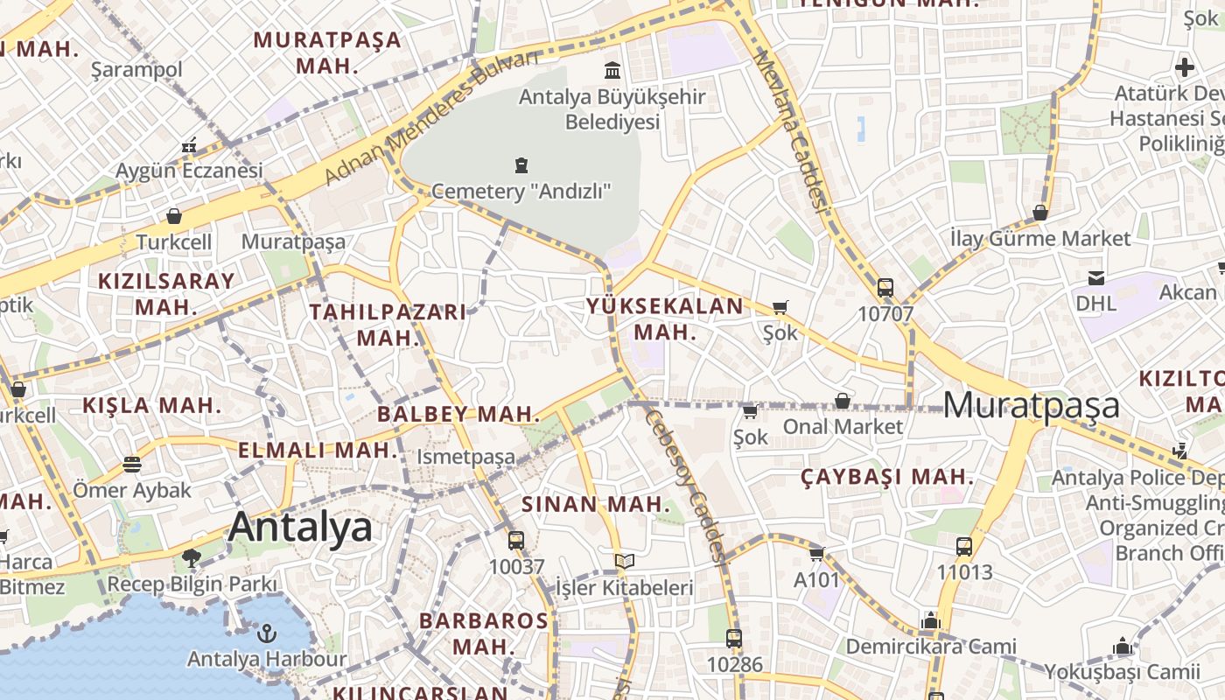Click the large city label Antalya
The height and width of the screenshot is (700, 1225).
(300, 527)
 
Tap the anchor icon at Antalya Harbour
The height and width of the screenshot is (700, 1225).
(268, 633)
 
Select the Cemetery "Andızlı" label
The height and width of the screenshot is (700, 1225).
(521, 191)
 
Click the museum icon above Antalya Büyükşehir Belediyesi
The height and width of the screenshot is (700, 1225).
(612, 70)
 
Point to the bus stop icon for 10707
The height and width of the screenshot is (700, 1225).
(885, 287)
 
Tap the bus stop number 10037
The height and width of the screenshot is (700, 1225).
(516, 566)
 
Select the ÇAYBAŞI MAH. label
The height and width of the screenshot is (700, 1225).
(887, 477)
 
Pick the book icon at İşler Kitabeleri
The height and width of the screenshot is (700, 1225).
(624, 561)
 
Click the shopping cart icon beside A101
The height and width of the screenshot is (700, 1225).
(817, 553)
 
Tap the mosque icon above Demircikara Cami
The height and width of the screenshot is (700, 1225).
(930, 620)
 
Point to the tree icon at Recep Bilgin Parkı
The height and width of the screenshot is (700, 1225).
(192, 557)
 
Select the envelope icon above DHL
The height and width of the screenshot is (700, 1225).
(1095, 278)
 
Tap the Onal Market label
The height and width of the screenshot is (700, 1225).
(843, 426)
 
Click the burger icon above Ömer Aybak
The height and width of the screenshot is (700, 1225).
(132, 464)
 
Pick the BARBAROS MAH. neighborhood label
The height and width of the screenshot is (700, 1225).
(484, 633)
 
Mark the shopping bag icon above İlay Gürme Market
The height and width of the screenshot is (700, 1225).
(1040, 213)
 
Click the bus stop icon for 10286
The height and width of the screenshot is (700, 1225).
(734, 638)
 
